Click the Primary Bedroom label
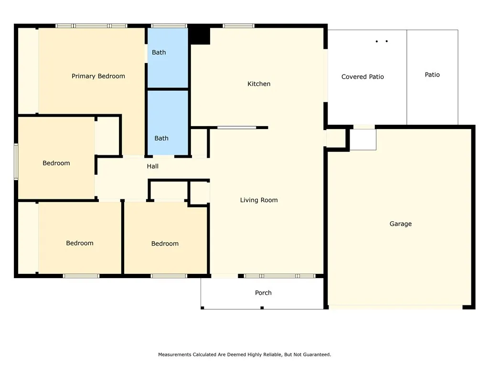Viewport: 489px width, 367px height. [98, 76]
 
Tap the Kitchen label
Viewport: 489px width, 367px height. [259, 84]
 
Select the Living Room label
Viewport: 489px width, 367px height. [259, 200]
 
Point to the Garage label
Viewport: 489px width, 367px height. [400, 224]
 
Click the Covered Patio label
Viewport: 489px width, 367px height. [362, 76]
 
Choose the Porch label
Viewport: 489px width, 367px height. [263, 293]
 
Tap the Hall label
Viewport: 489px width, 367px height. [153, 166]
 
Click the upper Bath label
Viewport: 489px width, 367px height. [159, 52]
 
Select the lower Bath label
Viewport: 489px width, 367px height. [161, 138]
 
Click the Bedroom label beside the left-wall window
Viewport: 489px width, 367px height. [56, 163]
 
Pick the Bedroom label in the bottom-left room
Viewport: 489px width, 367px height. [80, 243]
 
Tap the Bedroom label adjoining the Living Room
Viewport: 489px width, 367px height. [165, 244]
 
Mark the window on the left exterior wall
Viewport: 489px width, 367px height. [16, 162]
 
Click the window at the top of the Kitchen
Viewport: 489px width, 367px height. [238, 26]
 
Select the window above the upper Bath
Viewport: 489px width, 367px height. [169, 26]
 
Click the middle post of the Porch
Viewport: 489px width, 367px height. [262, 308]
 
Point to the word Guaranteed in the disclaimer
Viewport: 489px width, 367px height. [316, 355]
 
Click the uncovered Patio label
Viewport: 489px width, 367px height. [432, 75]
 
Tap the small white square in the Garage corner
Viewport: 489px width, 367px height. [363, 139]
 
